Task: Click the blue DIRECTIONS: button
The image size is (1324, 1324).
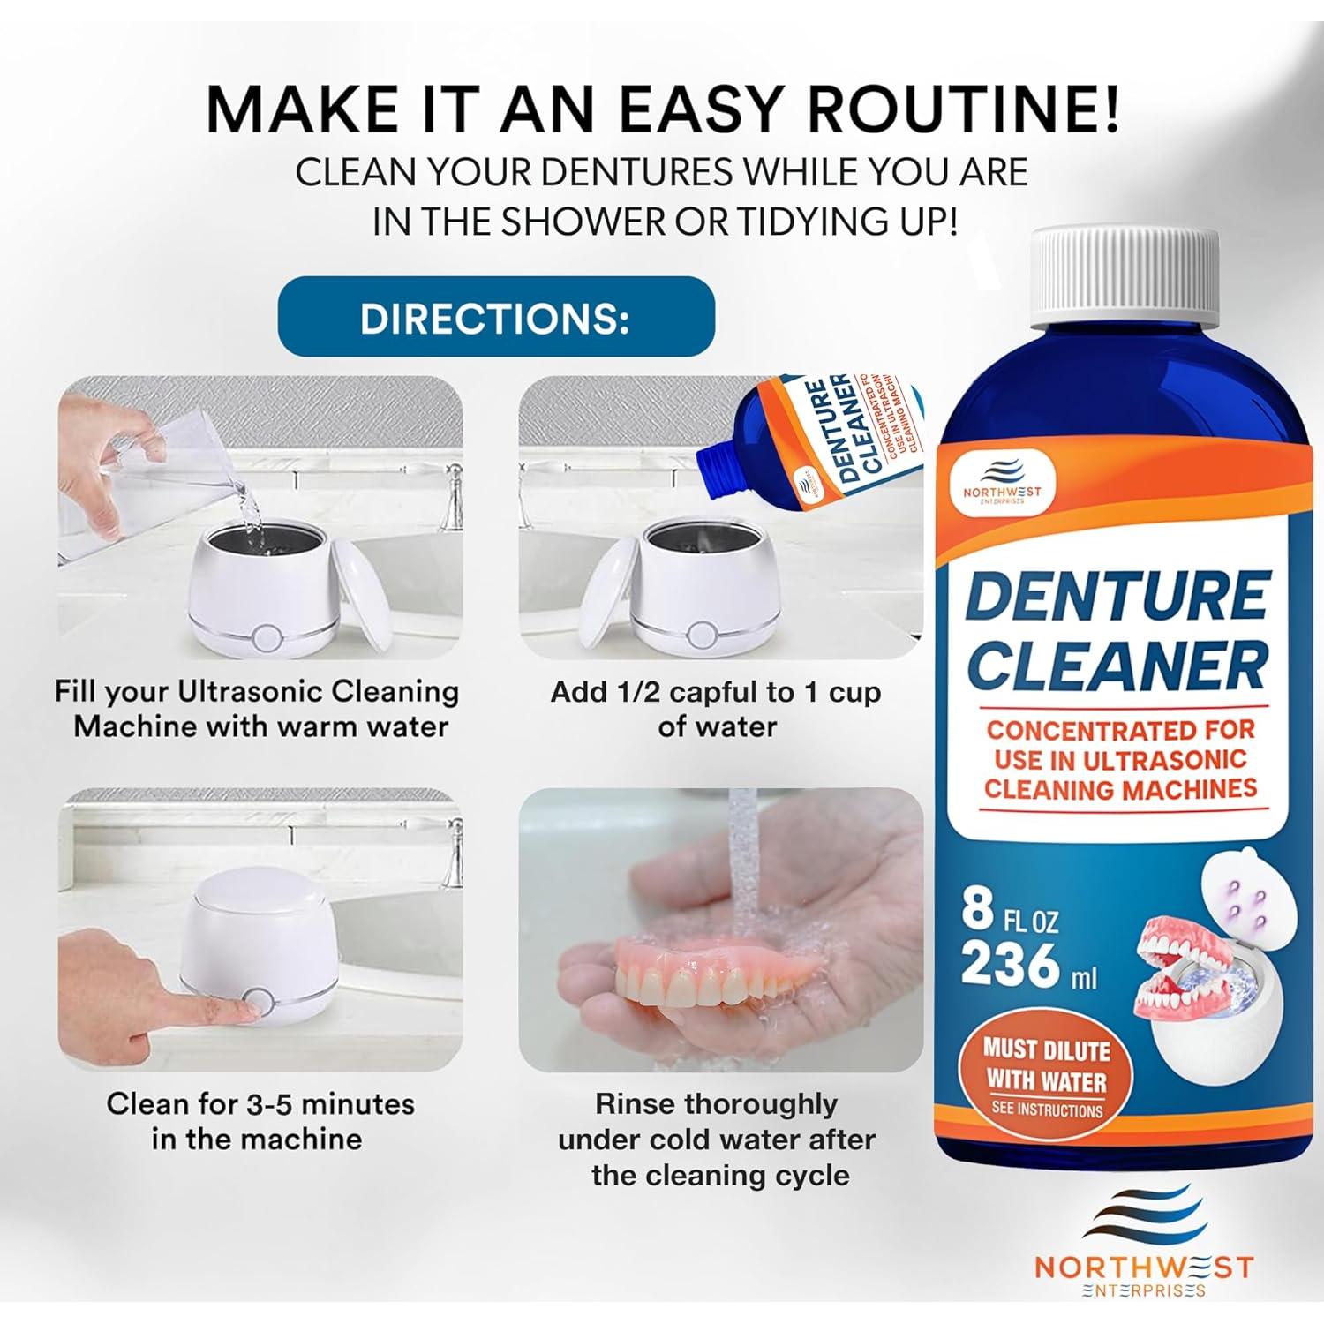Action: click(x=495, y=317)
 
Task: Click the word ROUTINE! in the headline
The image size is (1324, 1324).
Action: click(x=965, y=109)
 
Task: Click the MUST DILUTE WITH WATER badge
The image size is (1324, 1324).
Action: click(x=1046, y=1076)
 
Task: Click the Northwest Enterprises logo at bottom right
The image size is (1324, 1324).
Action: click(x=1143, y=1252)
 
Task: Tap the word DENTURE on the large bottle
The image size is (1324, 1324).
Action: click(x=1117, y=597)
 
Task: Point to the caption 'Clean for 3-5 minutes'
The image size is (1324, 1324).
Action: click(x=260, y=1103)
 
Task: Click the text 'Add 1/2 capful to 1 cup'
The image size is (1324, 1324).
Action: click(x=716, y=692)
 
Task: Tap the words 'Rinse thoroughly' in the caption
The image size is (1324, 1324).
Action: click(x=716, y=1103)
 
